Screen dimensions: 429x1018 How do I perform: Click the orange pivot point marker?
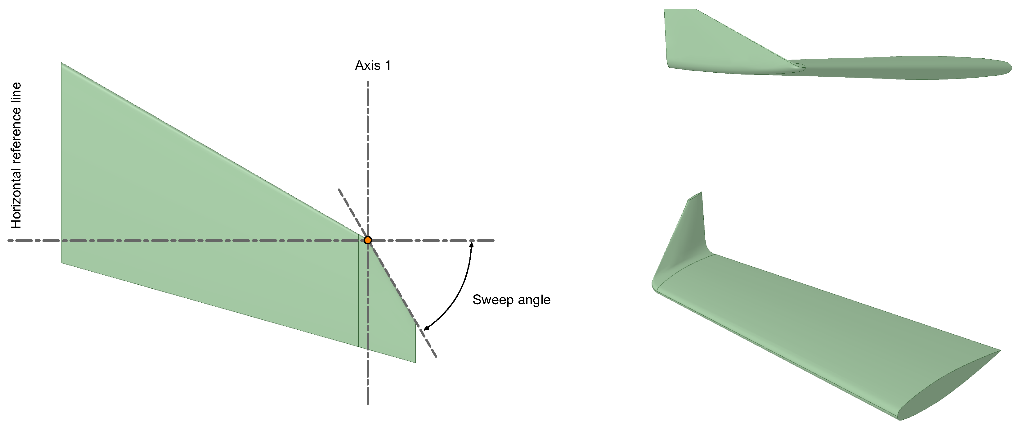tap(368, 240)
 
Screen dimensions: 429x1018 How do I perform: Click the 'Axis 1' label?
tap(373, 65)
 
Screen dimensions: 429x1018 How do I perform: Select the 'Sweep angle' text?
tap(511, 300)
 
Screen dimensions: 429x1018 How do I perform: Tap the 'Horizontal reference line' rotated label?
tap(16, 156)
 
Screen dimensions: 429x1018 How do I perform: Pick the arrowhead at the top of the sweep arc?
tap(471, 244)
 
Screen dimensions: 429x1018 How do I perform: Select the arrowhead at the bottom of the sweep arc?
tap(426, 328)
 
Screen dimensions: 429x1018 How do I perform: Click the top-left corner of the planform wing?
tap(62, 63)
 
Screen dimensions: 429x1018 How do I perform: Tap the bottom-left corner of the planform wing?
tap(62, 263)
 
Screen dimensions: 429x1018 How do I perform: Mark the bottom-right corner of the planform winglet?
tap(415, 362)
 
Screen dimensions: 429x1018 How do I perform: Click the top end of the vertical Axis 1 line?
tap(368, 82)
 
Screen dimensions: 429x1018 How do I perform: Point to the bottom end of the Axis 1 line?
tap(368, 404)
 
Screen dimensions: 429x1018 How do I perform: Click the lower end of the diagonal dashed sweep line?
tap(436, 357)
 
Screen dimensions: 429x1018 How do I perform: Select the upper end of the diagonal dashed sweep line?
tap(339, 189)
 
